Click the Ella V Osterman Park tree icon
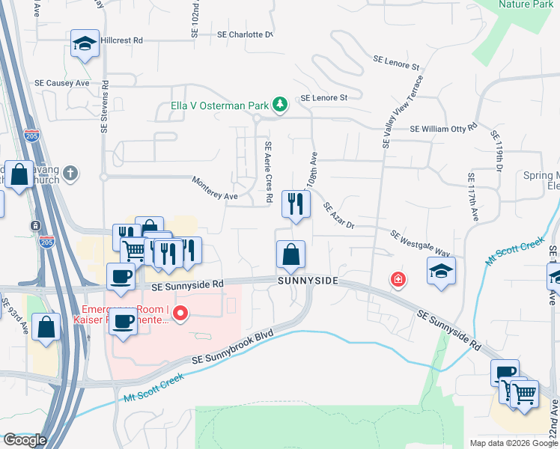click(x=280, y=104)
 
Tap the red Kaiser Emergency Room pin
click(x=180, y=314)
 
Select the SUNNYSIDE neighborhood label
click(x=308, y=281)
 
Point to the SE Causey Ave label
click(x=62, y=82)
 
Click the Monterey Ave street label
click(x=215, y=189)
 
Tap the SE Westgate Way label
click(x=420, y=244)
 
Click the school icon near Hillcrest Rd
click(x=85, y=44)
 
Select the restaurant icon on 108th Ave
click(x=296, y=203)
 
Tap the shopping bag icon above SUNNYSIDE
click(x=290, y=254)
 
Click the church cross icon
click(x=70, y=174)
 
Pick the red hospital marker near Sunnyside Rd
click(x=398, y=279)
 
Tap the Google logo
click(x=25, y=439)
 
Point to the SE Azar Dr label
click(x=339, y=216)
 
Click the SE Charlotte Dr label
click(x=245, y=34)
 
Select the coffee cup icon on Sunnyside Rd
click(x=121, y=277)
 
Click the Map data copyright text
click(x=512, y=443)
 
